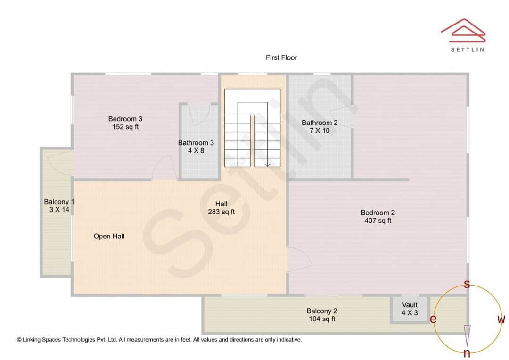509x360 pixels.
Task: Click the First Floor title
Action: click(281, 57)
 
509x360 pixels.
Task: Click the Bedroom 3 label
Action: click(125, 119)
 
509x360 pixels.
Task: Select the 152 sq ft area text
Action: click(125, 127)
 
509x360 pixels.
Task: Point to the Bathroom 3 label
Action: click(196, 143)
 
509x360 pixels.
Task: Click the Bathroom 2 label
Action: click(320, 123)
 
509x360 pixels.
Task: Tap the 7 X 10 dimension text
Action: click(320, 131)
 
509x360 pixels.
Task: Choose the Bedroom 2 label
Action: click(378, 213)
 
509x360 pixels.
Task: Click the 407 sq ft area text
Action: click(378, 221)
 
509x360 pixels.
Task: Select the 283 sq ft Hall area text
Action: click(222, 212)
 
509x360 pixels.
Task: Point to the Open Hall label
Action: click(109, 236)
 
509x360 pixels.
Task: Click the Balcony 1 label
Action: click(59, 202)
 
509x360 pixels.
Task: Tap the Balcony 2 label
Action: click(322, 311)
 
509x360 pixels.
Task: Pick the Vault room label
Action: click(410, 305)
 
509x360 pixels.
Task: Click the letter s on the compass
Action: click(467, 284)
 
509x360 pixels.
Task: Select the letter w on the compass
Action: click(501, 319)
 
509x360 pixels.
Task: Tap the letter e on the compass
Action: click(433, 319)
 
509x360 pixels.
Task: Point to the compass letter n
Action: click(467, 353)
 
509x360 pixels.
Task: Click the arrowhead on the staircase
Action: click(267, 164)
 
